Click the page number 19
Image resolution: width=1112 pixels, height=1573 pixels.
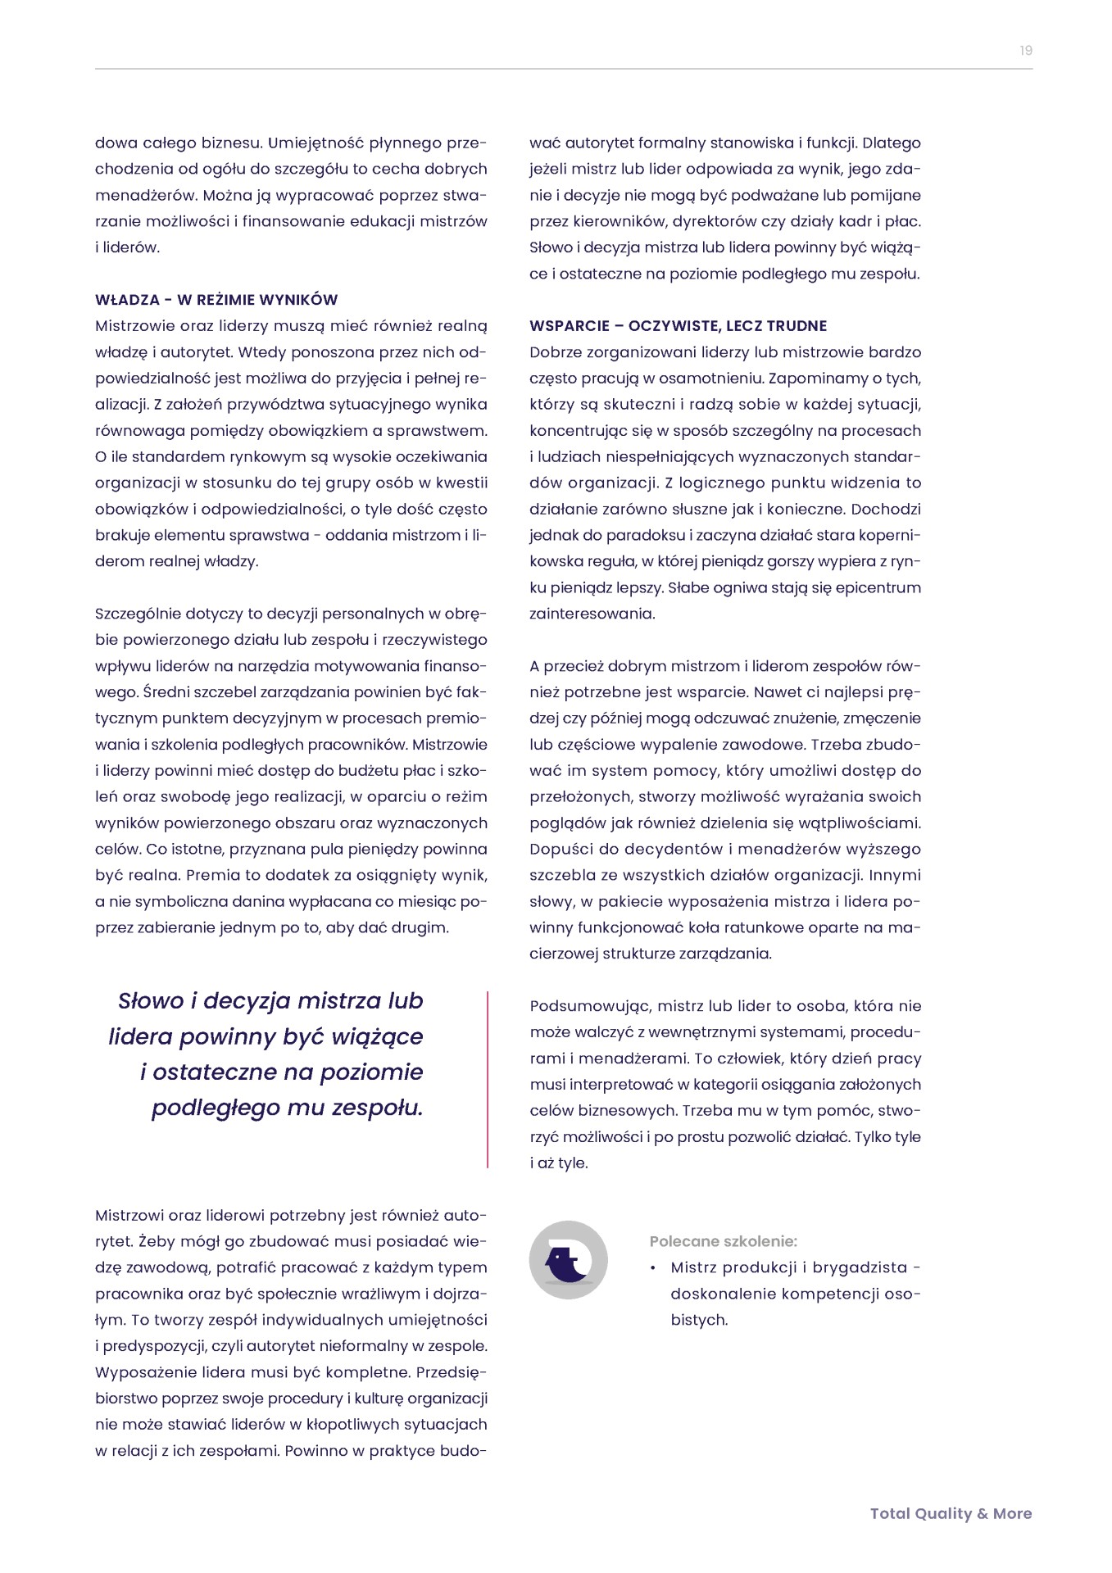[1025, 51]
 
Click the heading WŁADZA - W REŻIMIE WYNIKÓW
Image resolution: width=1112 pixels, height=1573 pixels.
[216, 300]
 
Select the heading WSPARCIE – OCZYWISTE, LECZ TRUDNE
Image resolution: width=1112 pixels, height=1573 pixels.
[678, 326]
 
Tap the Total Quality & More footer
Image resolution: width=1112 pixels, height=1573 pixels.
[951, 1513]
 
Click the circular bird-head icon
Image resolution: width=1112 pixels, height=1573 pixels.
[568, 1259]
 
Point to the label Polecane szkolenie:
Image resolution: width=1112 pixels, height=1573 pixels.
[723, 1241]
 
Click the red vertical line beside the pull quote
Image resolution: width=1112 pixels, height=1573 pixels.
[488, 1078]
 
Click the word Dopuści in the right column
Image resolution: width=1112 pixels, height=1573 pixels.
[560, 849]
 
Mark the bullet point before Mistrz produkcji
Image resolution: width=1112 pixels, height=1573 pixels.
[653, 1268]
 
